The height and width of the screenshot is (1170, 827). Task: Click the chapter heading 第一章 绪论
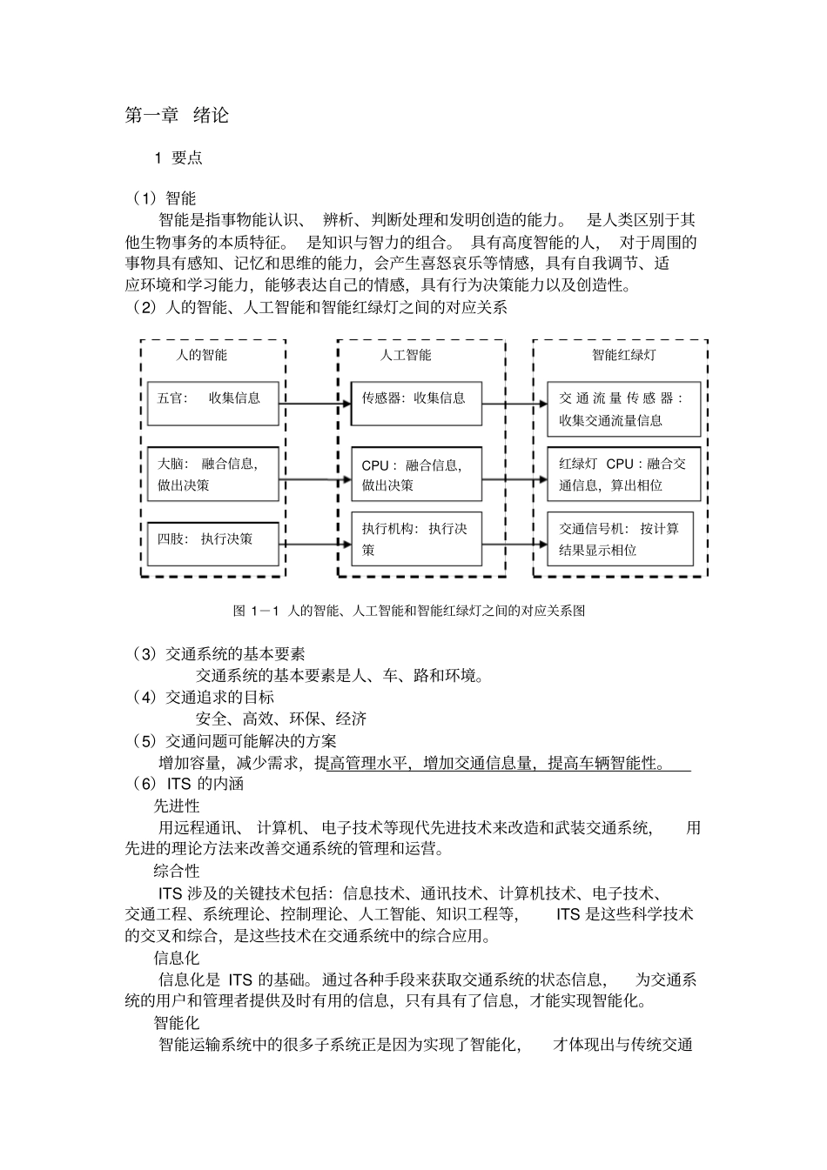pyautogui.click(x=177, y=115)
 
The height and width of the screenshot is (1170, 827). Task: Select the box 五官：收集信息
pyautogui.click(x=213, y=403)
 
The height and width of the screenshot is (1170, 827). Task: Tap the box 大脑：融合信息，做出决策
pyautogui.click(x=213, y=475)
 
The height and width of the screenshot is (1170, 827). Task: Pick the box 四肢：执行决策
pyautogui.click(x=213, y=544)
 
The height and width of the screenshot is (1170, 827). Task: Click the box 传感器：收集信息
pyautogui.click(x=416, y=403)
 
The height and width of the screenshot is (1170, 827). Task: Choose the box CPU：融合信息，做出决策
pyautogui.click(x=416, y=475)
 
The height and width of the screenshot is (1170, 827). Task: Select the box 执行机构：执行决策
pyautogui.click(x=416, y=539)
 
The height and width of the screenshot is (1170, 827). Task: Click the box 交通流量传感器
pyautogui.click(x=623, y=409)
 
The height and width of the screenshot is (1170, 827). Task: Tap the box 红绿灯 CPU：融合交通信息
pyautogui.click(x=623, y=475)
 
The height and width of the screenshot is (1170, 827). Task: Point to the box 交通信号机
pyautogui.click(x=620, y=539)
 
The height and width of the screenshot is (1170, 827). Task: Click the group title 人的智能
pyautogui.click(x=201, y=355)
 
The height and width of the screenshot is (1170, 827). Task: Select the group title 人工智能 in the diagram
pyautogui.click(x=406, y=355)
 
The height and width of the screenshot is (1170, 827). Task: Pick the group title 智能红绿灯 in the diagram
pyautogui.click(x=623, y=355)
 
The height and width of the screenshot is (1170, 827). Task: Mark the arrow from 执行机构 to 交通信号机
pyautogui.click(x=514, y=545)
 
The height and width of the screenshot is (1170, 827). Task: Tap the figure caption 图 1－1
pyautogui.click(x=409, y=611)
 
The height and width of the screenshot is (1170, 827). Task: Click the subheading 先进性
pyautogui.click(x=177, y=806)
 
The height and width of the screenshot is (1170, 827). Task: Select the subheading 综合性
pyautogui.click(x=177, y=871)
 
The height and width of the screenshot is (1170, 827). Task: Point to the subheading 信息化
pyautogui.click(x=177, y=959)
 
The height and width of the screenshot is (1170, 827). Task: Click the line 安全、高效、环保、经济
pyautogui.click(x=281, y=719)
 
